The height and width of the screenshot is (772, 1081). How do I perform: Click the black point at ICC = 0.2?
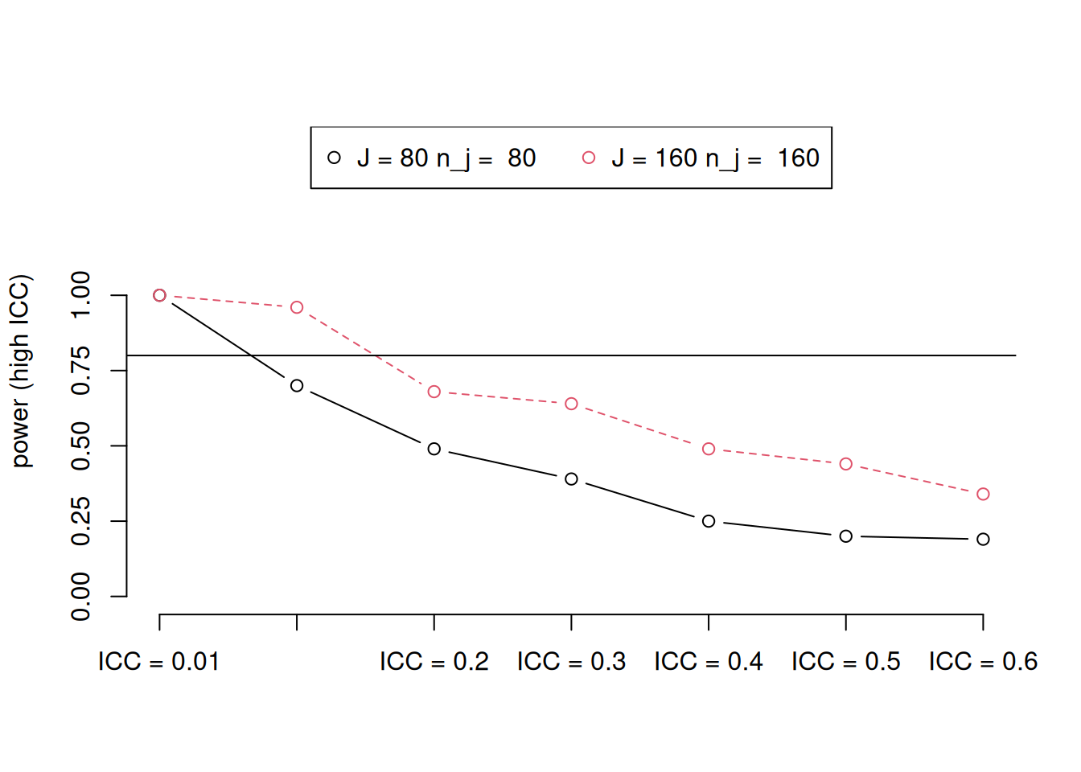coord(434,449)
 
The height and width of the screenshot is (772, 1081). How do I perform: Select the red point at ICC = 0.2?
coord(434,392)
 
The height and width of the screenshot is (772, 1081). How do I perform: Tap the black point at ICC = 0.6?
coord(983,539)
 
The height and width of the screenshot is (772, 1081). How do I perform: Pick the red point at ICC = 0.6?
coord(983,494)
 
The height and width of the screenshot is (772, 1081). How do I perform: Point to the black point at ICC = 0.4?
coord(709,521)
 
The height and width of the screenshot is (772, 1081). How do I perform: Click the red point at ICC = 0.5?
coord(845,464)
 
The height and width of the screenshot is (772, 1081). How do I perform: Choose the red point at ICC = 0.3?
coord(571,404)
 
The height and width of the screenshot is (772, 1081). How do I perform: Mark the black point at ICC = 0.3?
coord(571,478)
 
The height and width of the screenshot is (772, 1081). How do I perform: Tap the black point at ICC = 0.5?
coord(845,536)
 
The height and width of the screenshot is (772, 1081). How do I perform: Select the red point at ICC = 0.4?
coord(709,449)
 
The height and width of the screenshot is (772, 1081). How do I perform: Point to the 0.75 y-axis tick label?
coord(81,371)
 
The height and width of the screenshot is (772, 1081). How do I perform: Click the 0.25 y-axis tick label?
coord(81,521)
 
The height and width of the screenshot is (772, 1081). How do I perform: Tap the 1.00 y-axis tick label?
coord(81,295)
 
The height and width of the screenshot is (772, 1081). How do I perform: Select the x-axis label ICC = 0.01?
coord(158,662)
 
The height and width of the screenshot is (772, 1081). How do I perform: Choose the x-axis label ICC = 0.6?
coord(983,662)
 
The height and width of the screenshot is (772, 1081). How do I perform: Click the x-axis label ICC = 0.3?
coord(571,662)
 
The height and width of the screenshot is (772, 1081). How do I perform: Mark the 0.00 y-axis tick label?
coord(81,597)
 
